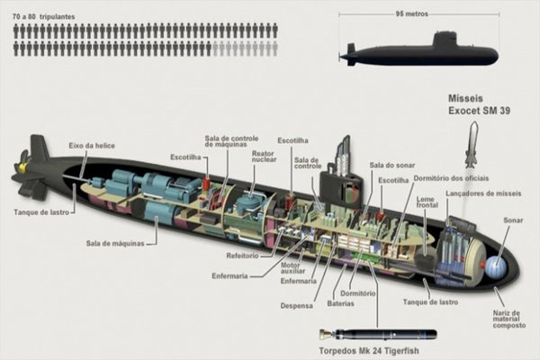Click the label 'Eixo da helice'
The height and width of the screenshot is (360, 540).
click(91, 146)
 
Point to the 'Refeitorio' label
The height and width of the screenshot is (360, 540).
click(243, 256)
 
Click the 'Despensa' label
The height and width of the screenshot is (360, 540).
click(296, 306)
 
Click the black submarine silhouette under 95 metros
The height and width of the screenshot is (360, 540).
click(419, 51)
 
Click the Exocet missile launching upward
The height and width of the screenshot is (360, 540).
click(471, 146)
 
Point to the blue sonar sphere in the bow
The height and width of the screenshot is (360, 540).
click(493, 267)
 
